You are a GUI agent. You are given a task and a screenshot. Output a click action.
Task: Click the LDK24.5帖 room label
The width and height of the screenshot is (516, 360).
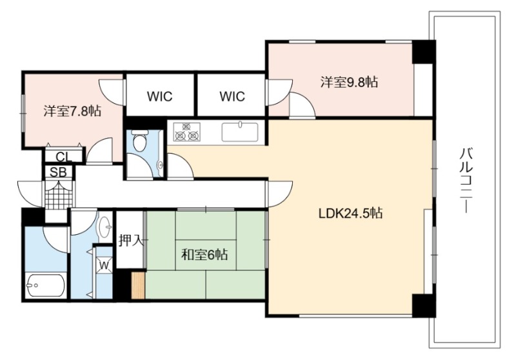tap(350, 214)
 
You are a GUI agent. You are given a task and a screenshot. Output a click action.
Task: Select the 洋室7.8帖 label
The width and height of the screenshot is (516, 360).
tap(72, 111)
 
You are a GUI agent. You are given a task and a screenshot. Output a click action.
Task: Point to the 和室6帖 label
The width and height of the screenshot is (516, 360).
tap(204, 254)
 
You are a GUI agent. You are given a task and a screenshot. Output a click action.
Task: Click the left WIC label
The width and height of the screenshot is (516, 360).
tap(159, 96)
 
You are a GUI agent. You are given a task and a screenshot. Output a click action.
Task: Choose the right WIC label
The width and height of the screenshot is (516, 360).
tap(232, 96)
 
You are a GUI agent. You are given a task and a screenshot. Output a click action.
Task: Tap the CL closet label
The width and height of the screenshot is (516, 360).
tap(63, 157)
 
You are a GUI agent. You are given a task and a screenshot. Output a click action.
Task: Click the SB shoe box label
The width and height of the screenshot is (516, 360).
tap(58, 172)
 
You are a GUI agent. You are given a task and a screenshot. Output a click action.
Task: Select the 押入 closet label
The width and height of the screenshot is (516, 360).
tap(131, 240)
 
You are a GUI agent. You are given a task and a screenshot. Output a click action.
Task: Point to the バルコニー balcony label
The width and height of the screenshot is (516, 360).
tap(466, 181)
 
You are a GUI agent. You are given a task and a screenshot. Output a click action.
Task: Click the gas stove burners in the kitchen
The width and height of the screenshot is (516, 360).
tap(186, 132)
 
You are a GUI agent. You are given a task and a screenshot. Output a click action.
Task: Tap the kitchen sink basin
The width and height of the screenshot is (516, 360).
tap(240, 132)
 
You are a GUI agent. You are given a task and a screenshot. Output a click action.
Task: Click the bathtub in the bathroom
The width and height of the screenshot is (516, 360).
tap(46, 285)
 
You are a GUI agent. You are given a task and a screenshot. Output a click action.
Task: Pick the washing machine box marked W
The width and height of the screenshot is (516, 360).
tap(104, 265)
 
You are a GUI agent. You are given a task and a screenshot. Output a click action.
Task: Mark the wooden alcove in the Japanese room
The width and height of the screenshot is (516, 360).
tap(138, 286)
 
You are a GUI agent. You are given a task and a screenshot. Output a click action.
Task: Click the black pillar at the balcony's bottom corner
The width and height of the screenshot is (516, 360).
tap(424, 306)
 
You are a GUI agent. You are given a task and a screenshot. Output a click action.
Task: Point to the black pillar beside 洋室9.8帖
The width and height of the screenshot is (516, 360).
tap(424, 52)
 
